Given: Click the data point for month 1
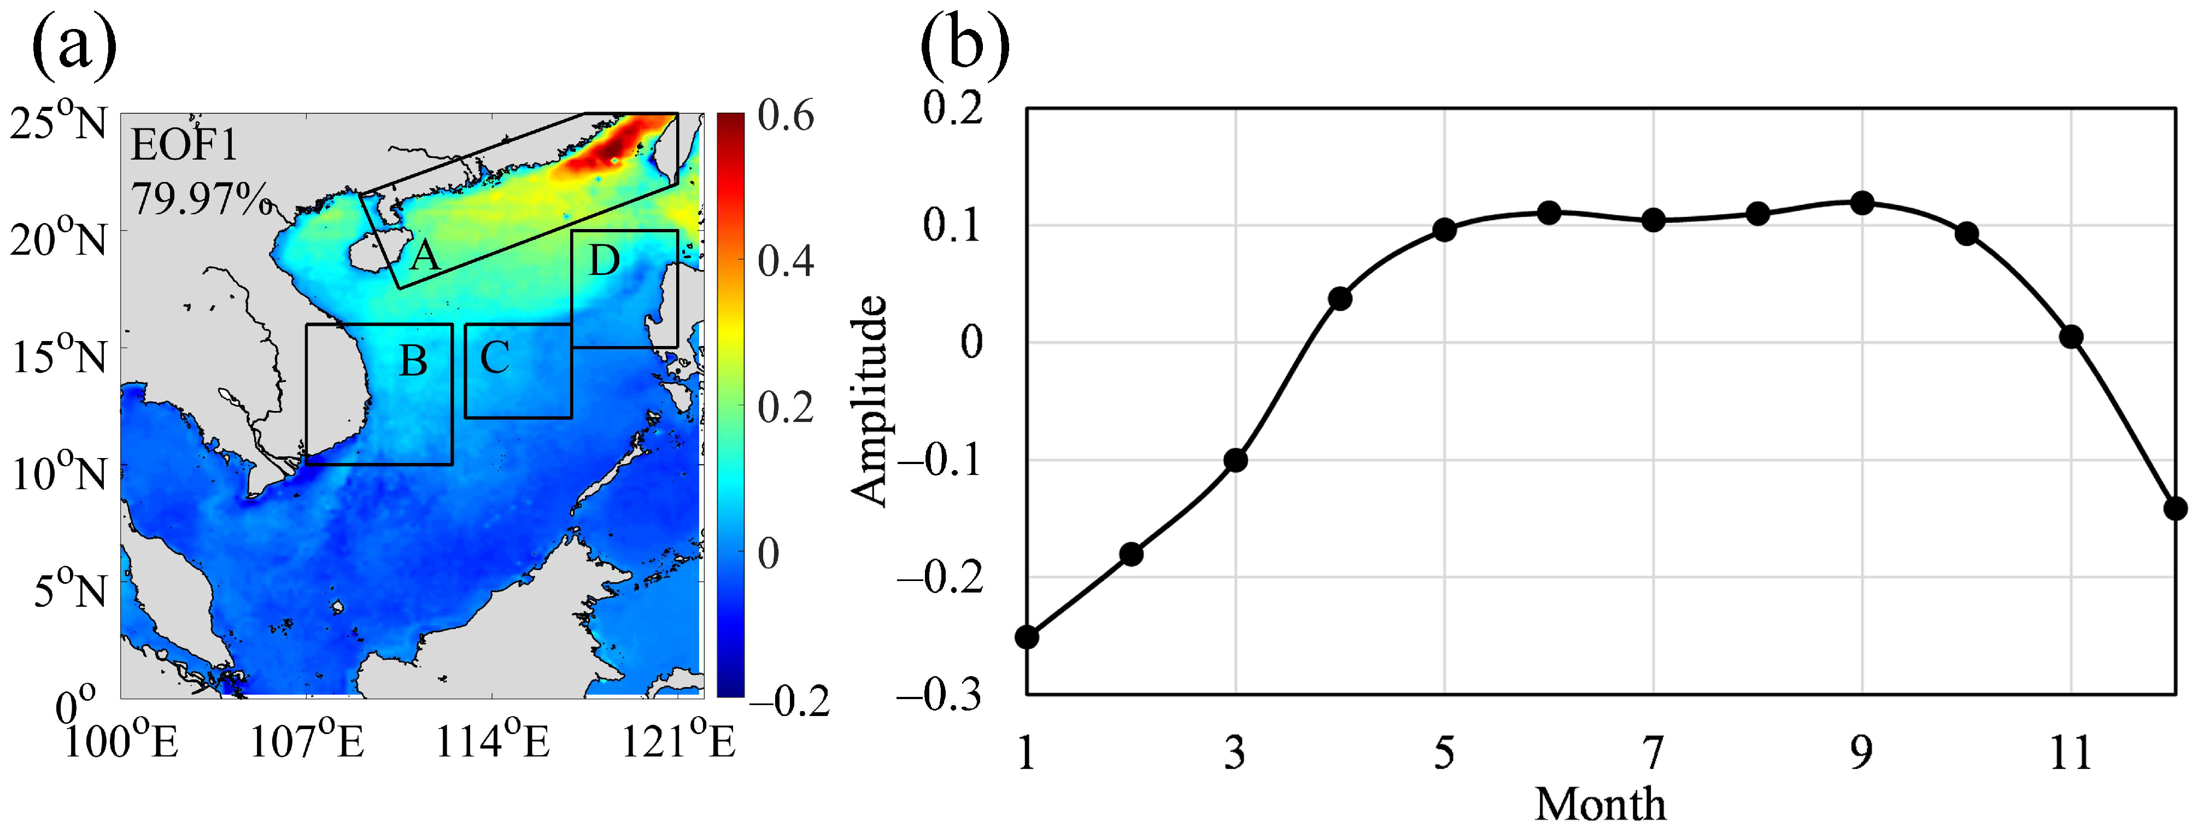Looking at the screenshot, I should [1027, 637].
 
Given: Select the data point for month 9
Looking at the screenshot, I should [1862, 203].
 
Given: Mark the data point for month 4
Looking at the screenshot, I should [1340, 298].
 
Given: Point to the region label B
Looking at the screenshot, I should [414, 361].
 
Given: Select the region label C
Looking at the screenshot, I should [495, 358].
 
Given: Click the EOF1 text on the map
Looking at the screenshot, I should [184, 146].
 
